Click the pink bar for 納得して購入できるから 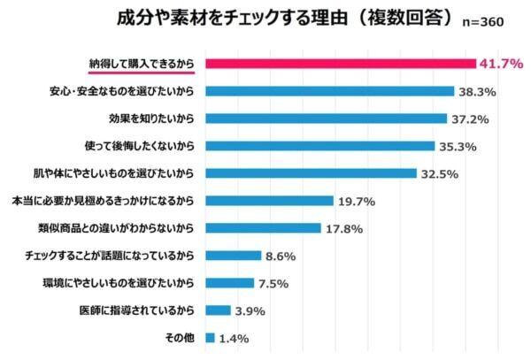coord(340,64)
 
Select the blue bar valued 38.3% coord(329,91)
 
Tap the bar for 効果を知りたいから coord(326,119)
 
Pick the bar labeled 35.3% coord(319,146)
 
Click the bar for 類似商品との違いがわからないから coord(263,228)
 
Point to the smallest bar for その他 coord(210,338)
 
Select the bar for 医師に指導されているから coord(218,310)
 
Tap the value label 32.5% coord(440,174)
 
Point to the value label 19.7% coord(357,202)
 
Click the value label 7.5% coord(275,284)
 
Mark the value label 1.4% coord(235,339)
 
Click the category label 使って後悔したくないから coord(138,146)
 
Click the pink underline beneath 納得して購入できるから coord(142,75)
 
